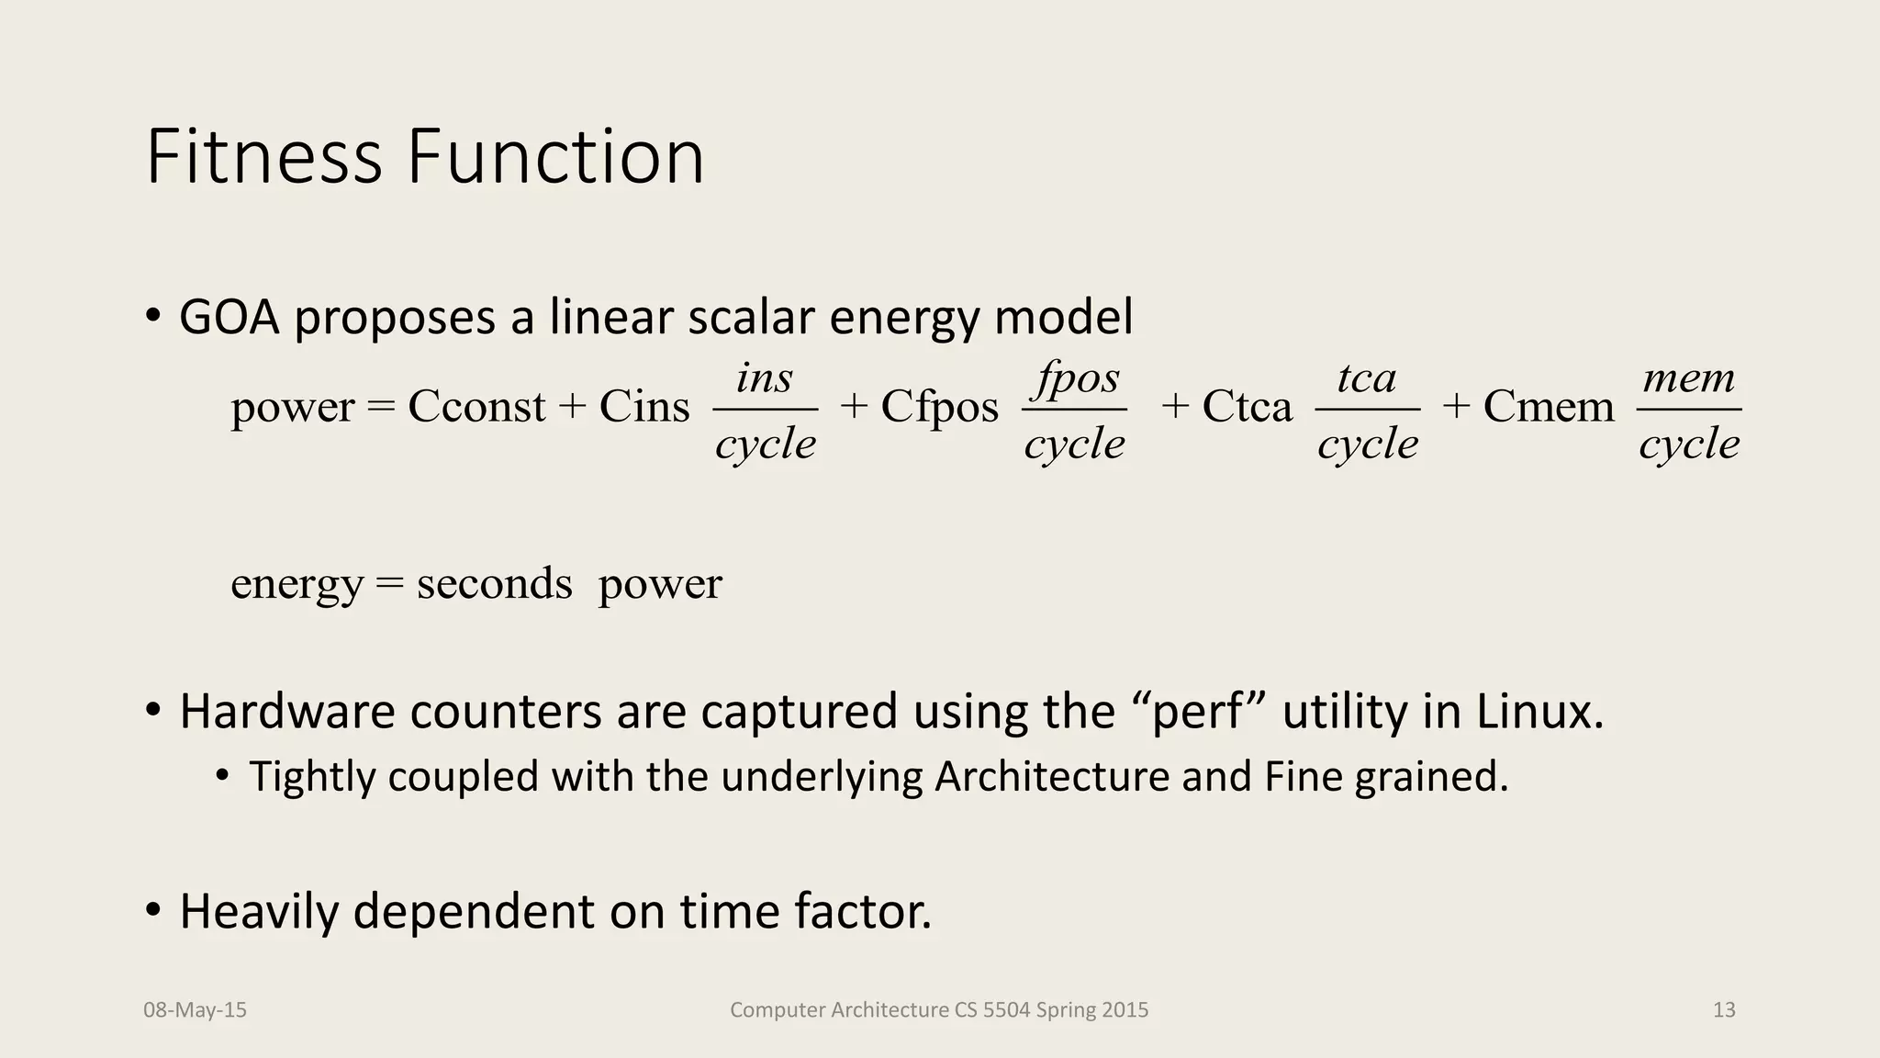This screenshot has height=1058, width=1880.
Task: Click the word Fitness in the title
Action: pyautogui.click(x=263, y=157)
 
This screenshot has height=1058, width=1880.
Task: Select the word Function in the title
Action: pyautogui.click(x=555, y=157)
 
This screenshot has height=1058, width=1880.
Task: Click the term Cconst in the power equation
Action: pyautogui.click(x=476, y=406)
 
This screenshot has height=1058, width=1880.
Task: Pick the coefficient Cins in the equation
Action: pyautogui.click(x=644, y=406)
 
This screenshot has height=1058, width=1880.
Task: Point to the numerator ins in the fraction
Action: pyautogui.click(x=765, y=377)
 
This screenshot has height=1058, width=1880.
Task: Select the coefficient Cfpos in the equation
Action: pyautogui.click(x=939, y=406)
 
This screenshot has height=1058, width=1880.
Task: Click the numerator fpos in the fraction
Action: pyautogui.click(x=1076, y=377)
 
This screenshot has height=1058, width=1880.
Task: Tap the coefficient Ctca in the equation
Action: pyautogui.click(x=1247, y=406)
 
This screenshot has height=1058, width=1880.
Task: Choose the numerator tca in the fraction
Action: pyautogui.click(x=1367, y=377)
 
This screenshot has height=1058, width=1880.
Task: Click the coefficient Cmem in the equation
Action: pyautogui.click(x=1548, y=406)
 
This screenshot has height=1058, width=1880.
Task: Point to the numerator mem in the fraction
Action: pyautogui.click(x=1689, y=377)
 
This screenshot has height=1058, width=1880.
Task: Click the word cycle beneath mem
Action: pyautogui.click(x=1689, y=445)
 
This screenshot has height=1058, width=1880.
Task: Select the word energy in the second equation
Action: pyautogui.click(x=297, y=584)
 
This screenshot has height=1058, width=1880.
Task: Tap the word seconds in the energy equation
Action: pyautogui.click(x=494, y=584)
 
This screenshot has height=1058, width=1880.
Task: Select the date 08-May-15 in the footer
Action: pyautogui.click(x=195, y=1010)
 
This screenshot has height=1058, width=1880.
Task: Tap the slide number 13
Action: pyautogui.click(x=1724, y=1010)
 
